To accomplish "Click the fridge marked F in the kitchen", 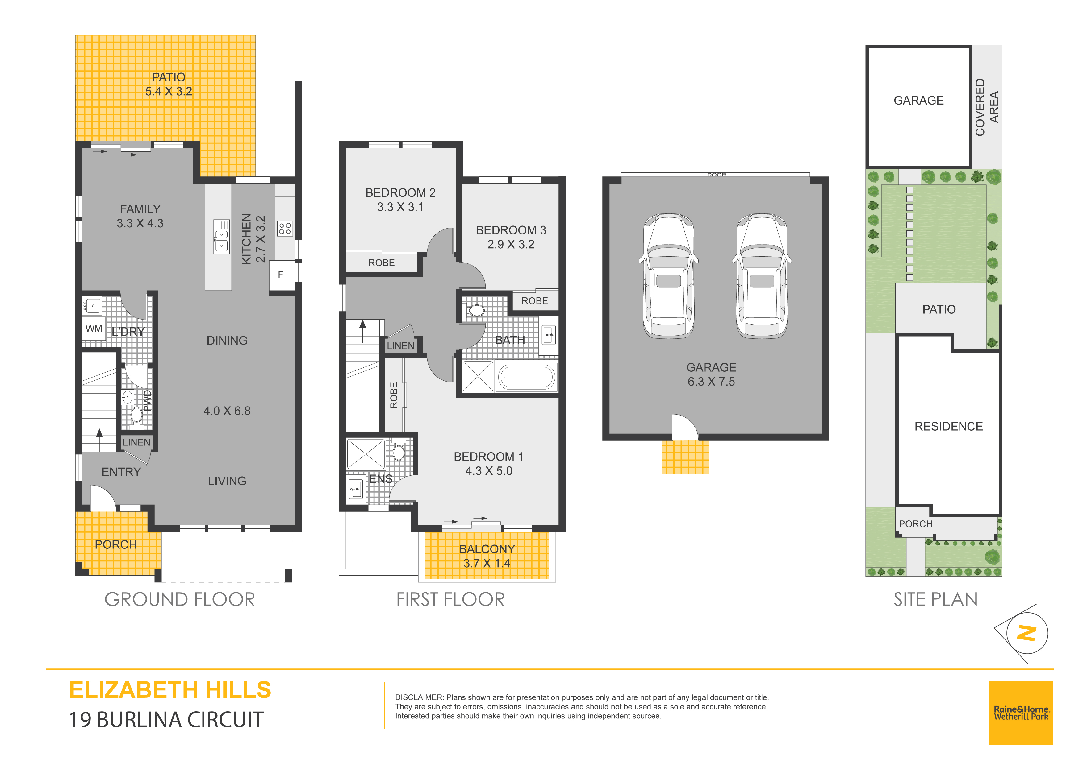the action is (280, 275).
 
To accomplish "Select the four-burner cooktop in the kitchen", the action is (285, 229).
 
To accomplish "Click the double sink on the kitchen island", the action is (221, 237).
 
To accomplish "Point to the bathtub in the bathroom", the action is (526, 377).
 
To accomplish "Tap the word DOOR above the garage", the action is (717, 175).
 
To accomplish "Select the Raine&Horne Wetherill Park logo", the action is (1021, 713).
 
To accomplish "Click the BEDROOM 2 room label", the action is (400, 193).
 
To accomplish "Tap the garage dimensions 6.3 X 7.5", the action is (711, 382).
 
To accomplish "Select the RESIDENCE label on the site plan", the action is (949, 427).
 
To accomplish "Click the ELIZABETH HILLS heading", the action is (170, 690).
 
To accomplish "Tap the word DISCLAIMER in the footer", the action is (419, 697).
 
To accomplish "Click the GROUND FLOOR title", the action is (180, 600).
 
